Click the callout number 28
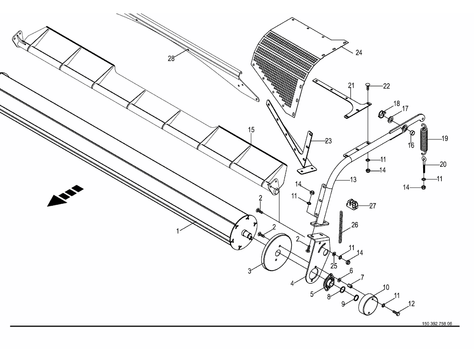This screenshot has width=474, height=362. [x=171, y=58]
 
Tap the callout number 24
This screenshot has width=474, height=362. [x=358, y=52]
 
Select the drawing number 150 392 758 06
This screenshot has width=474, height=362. [x=437, y=324]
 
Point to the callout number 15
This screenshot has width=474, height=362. [x=251, y=130]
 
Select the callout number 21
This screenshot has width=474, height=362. [x=351, y=85]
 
